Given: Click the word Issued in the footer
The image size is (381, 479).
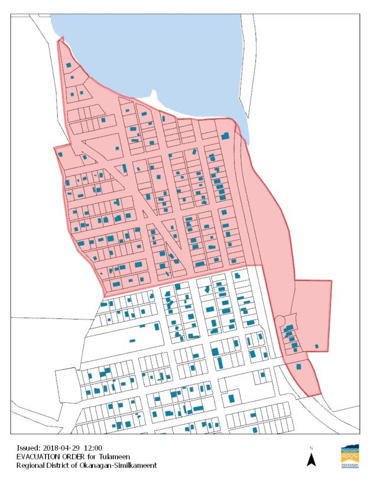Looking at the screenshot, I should click(28, 448).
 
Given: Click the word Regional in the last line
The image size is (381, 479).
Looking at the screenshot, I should click(31, 465).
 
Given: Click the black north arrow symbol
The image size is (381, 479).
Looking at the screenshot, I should click(310, 460).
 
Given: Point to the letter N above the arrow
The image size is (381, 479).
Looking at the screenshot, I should click(310, 448).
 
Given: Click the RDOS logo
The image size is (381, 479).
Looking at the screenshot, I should click(350, 457).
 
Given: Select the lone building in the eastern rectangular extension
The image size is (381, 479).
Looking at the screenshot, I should click(317, 346).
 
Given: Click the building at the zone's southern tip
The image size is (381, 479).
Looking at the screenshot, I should click(299, 366).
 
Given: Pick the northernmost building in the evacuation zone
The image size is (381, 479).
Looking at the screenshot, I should click(69, 65).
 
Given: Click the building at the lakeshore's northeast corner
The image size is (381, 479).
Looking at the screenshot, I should click(225, 136).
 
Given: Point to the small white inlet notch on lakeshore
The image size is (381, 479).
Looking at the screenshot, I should click(154, 96).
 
